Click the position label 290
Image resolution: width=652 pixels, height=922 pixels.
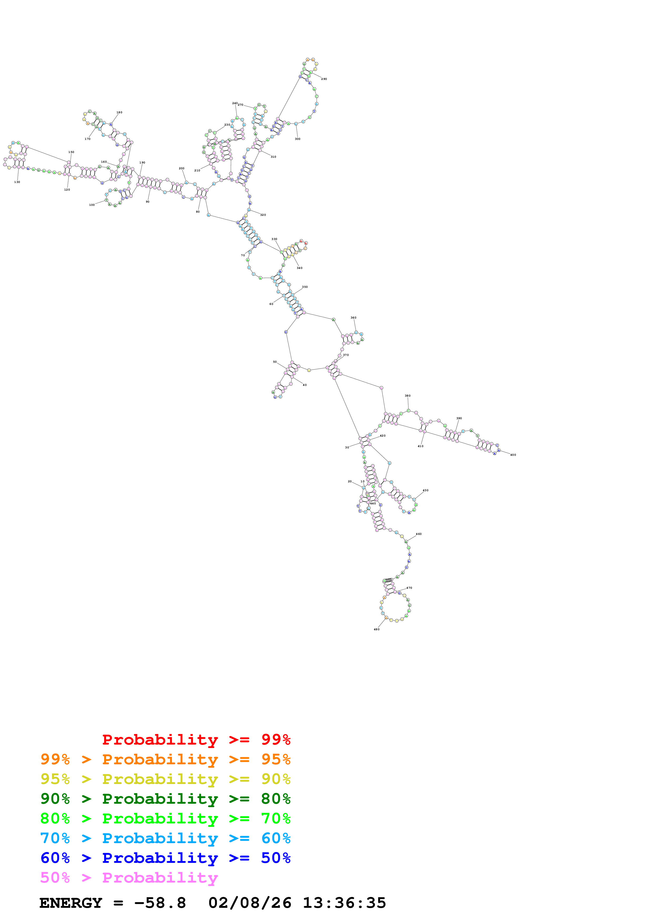tap(324, 79)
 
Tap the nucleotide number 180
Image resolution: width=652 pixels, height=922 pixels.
tap(119, 112)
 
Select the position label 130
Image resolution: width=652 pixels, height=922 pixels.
tap(17, 182)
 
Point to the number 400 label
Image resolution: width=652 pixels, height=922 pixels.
tap(513, 455)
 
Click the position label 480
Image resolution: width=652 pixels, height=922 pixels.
tap(376, 629)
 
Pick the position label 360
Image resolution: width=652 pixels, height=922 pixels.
tap(353, 318)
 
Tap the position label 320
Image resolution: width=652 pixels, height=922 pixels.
tap(263, 215)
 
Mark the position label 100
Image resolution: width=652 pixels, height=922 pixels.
tap(92, 205)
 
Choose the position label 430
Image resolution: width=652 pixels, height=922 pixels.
tap(426, 490)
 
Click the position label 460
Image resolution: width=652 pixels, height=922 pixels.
tap(419, 534)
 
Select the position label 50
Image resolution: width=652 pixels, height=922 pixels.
tap(275, 362)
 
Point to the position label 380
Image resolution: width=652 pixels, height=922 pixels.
tap(407, 396)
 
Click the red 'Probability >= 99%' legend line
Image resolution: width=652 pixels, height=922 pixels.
tap(196, 740)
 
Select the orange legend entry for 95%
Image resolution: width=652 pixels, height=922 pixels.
tap(165, 759)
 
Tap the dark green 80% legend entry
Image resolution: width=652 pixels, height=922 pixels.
tap(165, 799)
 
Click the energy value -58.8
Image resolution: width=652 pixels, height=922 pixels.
tap(160, 903)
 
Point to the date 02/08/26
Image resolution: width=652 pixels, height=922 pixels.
tap(250, 903)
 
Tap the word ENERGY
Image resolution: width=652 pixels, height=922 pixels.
tap(71, 903)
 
